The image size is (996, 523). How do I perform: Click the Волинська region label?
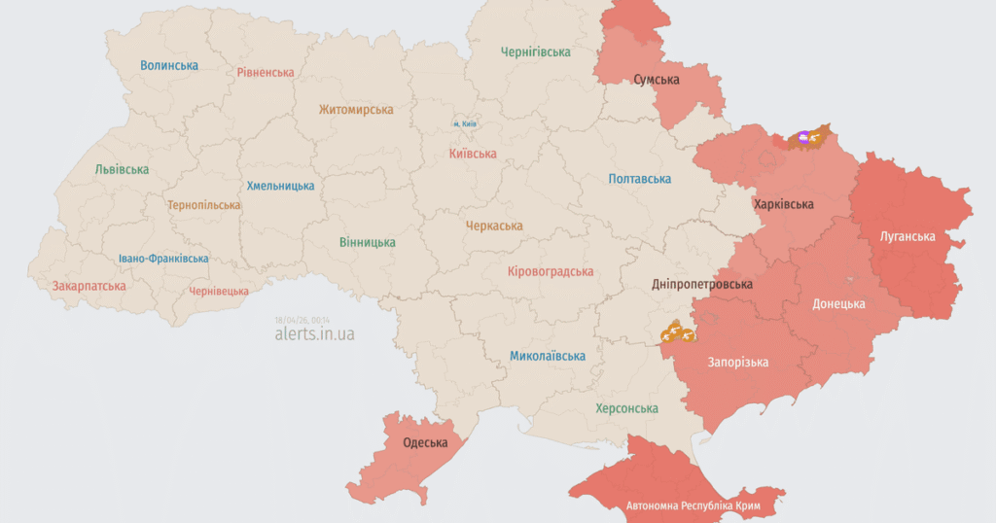169,66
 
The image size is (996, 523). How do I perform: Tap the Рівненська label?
266,73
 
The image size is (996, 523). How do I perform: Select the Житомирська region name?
356,111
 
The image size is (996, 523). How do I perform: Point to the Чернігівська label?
535,52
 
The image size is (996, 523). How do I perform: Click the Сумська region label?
657,80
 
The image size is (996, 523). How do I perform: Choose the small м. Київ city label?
464,124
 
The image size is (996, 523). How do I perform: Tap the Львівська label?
123,169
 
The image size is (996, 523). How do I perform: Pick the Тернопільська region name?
204,206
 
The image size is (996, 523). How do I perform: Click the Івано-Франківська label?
163,259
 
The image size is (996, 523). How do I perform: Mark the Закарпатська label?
89,287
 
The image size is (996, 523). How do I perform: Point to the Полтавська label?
640,179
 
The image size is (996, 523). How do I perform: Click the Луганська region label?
907,236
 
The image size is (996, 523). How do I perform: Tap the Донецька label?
838,304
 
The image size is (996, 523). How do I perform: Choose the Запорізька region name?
737,363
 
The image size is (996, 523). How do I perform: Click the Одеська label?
425,443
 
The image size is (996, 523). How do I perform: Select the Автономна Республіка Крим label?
693,506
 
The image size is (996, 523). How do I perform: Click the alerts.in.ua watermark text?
314,334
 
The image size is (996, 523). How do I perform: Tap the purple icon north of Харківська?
803,138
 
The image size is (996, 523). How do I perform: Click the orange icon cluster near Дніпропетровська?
676,333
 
